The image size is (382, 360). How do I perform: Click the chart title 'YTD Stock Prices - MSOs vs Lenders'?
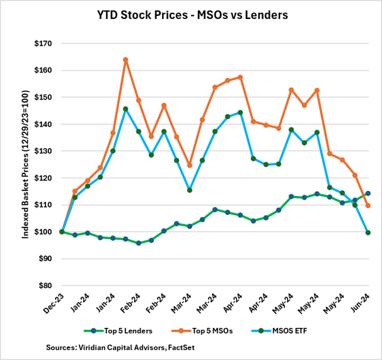pos(192,13)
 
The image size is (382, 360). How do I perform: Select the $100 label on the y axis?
pos(43,231)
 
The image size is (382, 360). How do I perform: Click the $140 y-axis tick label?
pos(43,124)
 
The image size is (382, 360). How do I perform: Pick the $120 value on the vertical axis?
pos(43,178)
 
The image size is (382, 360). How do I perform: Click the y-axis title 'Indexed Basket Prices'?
pos(26,165)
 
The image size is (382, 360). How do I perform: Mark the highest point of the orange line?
pos(125,60)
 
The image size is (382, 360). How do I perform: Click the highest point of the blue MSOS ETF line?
pos(125,109)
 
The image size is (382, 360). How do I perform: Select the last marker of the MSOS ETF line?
pos(368,233)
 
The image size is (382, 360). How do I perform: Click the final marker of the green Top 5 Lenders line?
pos(368,194)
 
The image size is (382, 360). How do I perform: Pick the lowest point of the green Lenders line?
pos(138,243)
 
